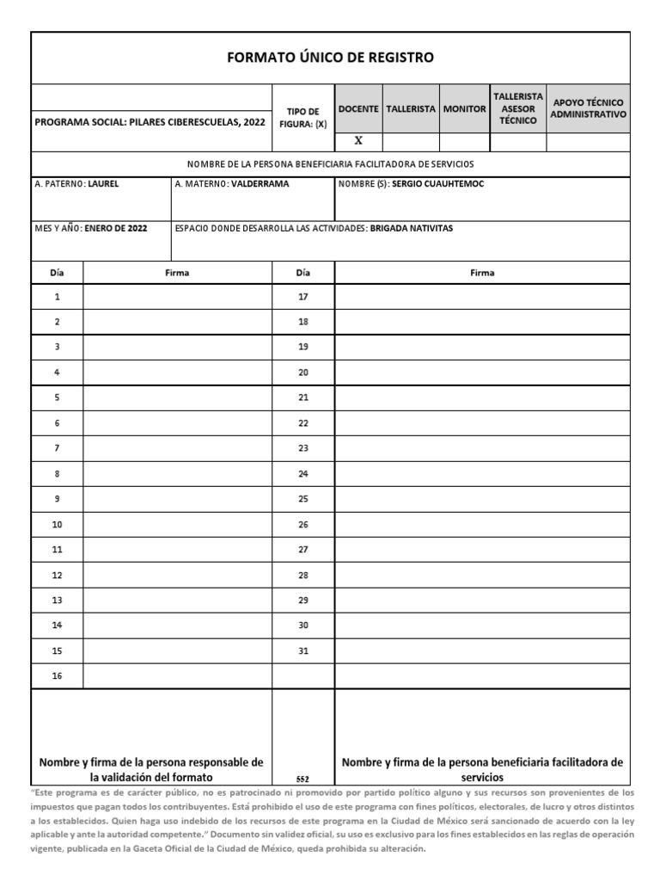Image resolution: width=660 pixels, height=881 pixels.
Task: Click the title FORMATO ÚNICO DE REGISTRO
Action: (x=330, y=58)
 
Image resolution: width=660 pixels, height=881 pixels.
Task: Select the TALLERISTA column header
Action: (x=410, y=109)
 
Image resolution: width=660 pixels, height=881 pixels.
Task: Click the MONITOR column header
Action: (x=464, y=109)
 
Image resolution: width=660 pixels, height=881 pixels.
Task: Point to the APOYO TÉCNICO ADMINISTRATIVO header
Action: (x=589, y=108)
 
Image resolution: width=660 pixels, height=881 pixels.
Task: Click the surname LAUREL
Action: (x=104, y=184)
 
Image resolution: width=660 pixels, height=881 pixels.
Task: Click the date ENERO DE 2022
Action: (x=116, y=228)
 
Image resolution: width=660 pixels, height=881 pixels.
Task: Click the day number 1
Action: (x=57, y=297)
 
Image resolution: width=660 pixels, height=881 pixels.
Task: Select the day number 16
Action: (x=57, y=676)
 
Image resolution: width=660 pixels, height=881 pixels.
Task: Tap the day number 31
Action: (x=302, y=651)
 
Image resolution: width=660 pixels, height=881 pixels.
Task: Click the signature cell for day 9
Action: (x=177, y=499)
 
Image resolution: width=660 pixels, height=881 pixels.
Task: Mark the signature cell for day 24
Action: (x=482, y=474)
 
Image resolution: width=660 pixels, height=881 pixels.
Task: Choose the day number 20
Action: (x=302, y=373)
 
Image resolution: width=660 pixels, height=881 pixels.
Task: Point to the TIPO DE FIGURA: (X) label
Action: (x=302, y=117)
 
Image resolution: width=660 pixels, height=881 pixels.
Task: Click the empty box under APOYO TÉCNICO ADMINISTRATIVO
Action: (x=589, y=142)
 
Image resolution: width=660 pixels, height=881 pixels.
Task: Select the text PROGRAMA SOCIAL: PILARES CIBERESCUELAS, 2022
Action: (x=150, y=122)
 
